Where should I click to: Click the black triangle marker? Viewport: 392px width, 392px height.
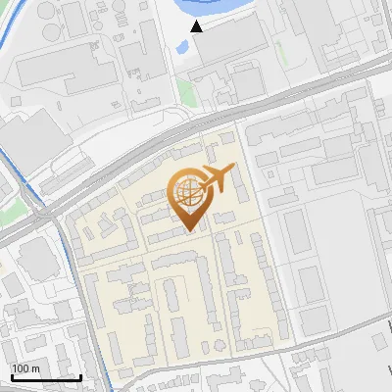(197, 26)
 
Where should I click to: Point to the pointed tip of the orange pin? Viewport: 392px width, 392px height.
(190, 230)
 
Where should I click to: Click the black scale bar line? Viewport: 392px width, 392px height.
(46, 377)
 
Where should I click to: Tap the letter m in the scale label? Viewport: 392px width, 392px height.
(35, 368)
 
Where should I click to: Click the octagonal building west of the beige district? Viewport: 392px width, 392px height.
(37, 257)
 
